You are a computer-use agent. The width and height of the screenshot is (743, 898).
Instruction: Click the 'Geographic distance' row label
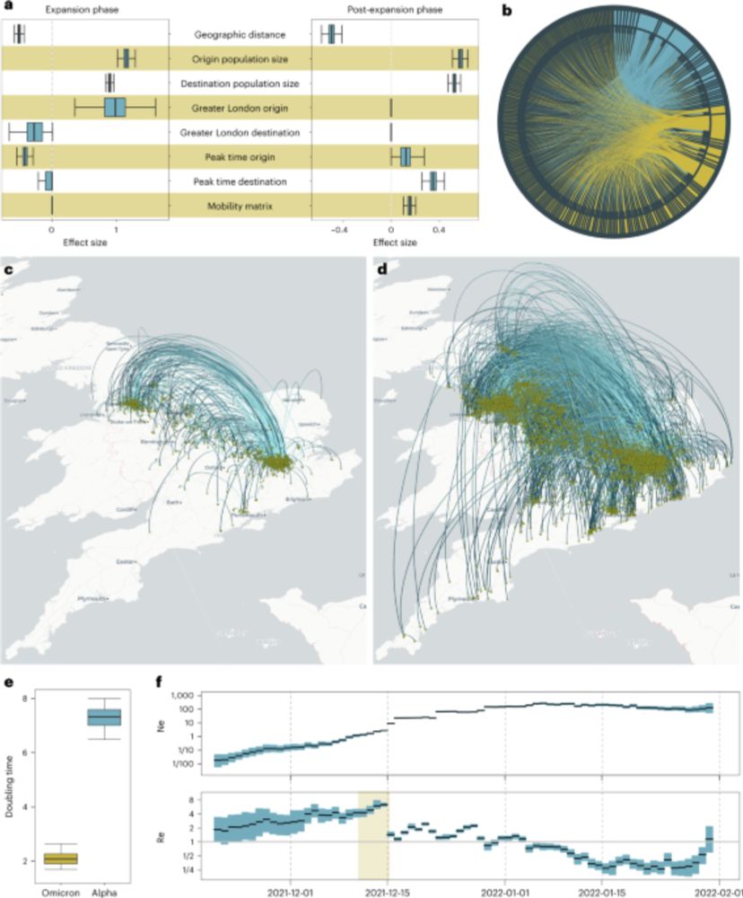click(x=240, y=35)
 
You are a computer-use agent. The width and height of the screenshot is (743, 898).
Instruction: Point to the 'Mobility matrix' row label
click(x=240, y=207)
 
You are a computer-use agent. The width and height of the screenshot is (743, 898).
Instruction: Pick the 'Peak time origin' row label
click(x=240, y=157)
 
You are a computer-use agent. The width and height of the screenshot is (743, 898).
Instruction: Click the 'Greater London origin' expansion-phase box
click(x=115, y=108)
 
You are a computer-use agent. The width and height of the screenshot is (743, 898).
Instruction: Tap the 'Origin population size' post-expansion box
click(x=461, y=59)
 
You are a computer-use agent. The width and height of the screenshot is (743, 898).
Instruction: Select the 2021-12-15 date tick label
click(x=389, y=892)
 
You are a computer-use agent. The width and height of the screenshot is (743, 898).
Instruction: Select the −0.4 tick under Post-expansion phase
click(x=339, y=229)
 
